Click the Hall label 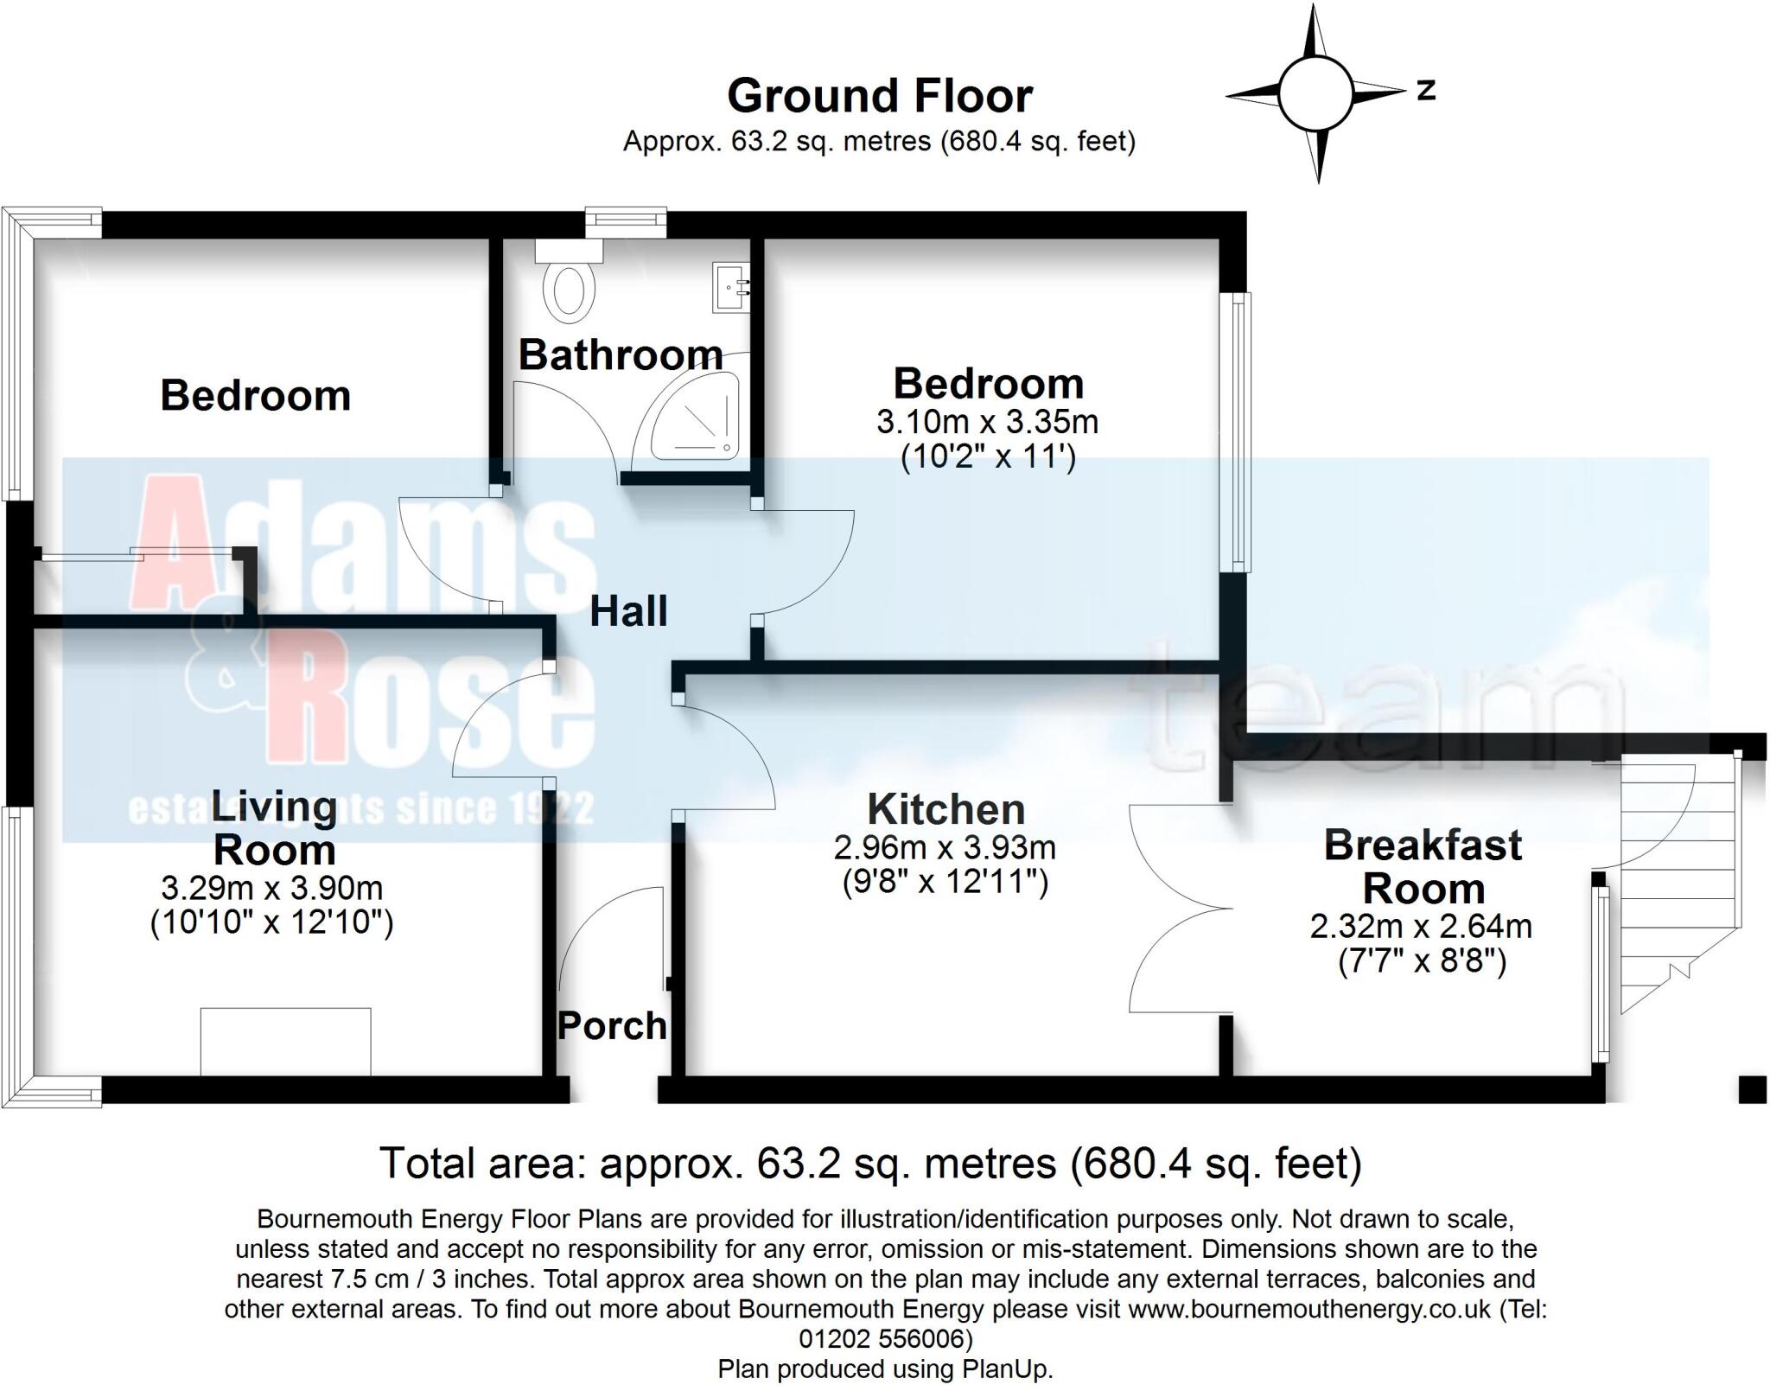coord(628,612)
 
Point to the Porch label coord(612,1026)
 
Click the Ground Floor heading coord(880,96)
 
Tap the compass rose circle coord(1314,94)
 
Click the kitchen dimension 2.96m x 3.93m coord(945,847)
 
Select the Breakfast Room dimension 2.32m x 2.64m coord(1421,926)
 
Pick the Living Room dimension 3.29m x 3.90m coord(271,888)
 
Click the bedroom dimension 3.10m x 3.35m coord(987,423)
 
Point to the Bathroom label coord(621,355)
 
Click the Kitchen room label coord(946,810)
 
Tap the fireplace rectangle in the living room coord(285,1041)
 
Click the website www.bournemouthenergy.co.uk coord(1309,1309)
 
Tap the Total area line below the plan coord(870,1164)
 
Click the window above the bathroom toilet coord(626,221)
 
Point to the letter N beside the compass coord(1426,90)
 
